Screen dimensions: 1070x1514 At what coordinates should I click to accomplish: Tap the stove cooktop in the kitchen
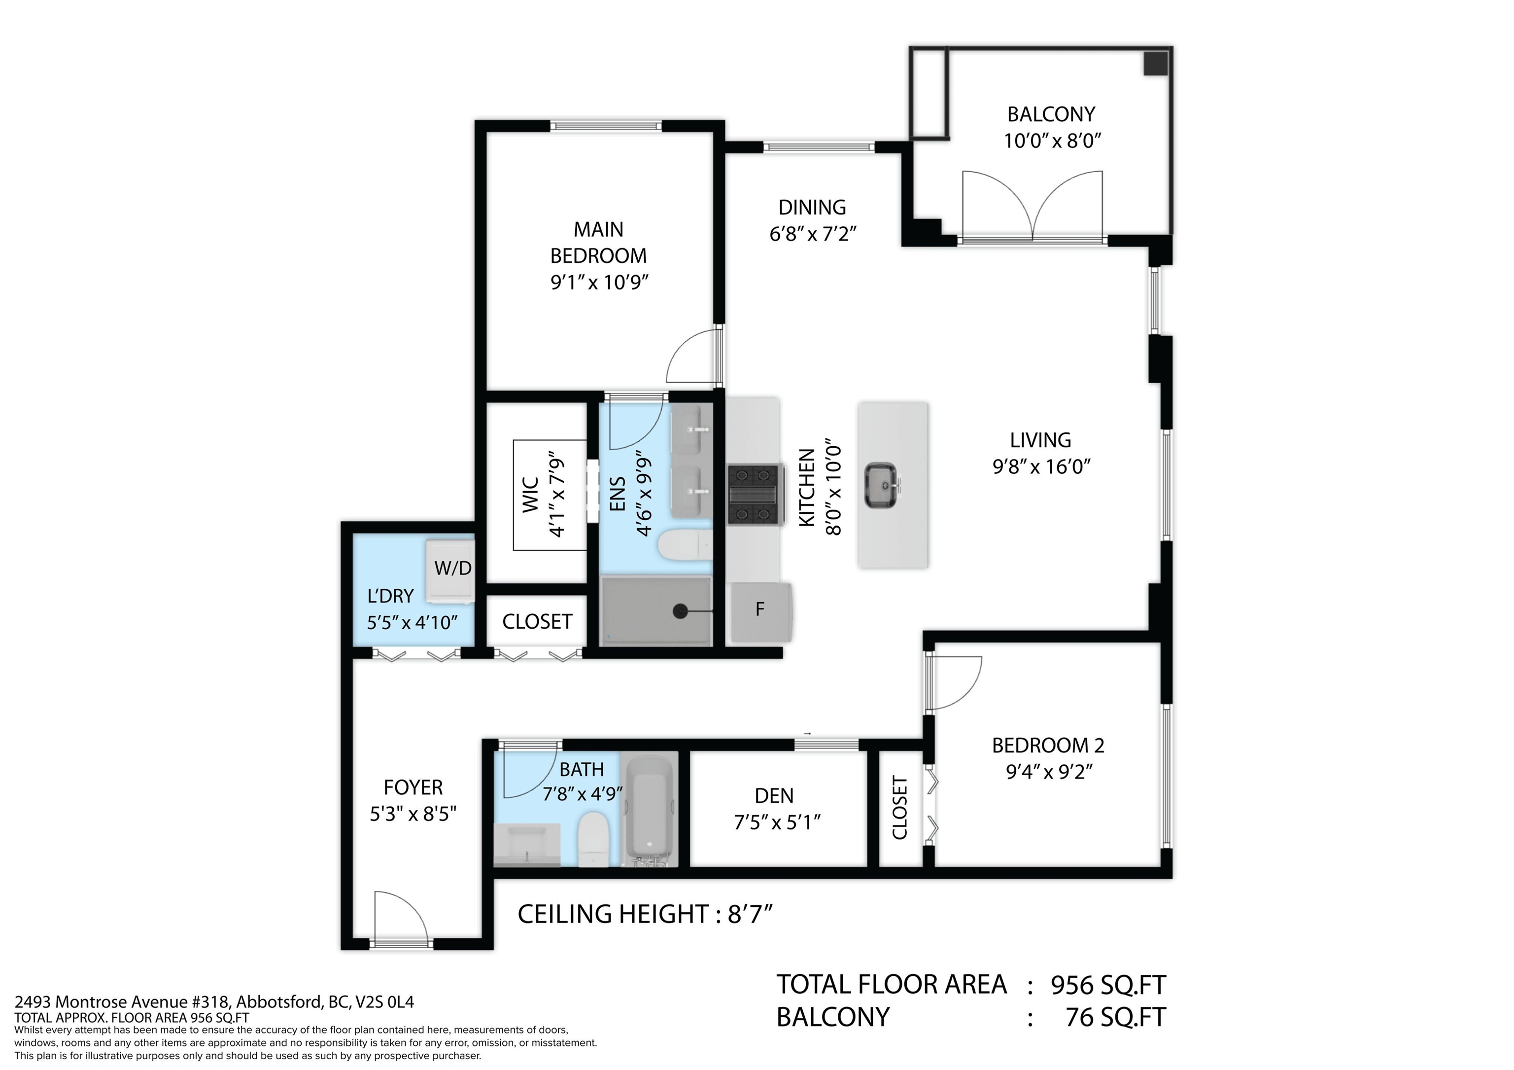coord(755,494)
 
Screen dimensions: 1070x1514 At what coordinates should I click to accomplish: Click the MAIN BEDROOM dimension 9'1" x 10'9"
coord(599,283)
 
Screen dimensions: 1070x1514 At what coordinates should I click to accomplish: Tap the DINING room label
coord(812,208)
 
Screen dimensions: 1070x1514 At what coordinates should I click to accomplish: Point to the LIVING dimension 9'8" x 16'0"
coord(1041,467)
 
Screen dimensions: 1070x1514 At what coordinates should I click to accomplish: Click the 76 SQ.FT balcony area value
coord(1116,1018)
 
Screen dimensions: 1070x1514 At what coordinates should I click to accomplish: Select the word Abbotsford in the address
coord(279,1002)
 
